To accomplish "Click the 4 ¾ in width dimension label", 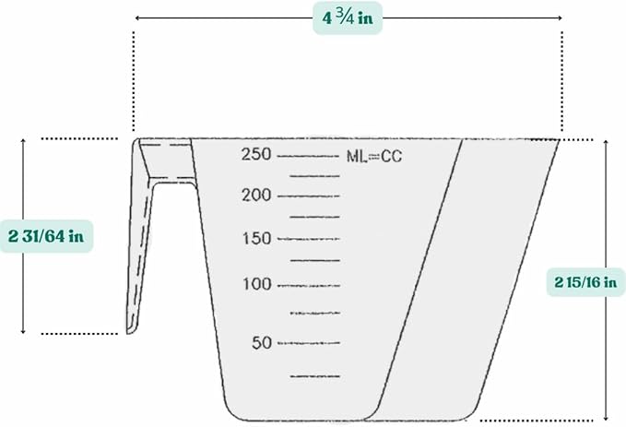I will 348,18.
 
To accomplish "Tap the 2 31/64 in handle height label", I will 46,236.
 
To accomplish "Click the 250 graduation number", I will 256,154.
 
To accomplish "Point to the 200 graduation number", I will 256,196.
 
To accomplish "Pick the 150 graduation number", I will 256,239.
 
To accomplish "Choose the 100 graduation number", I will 256,284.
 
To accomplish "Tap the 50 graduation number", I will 262,343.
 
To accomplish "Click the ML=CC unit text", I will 374,156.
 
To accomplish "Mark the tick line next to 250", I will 308,156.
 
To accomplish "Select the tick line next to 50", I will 308,343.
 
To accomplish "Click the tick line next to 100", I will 308,284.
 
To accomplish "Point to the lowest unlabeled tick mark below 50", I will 315,376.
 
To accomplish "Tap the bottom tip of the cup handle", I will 132,330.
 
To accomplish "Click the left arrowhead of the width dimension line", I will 137,18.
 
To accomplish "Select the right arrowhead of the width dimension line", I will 559,18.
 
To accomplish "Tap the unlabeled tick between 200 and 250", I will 315,174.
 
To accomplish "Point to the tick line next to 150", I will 308,239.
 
